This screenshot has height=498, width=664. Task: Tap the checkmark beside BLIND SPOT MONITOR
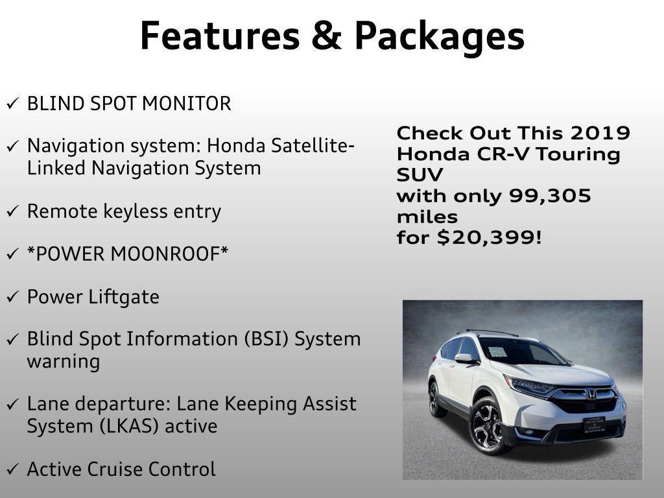(x=12, y=104)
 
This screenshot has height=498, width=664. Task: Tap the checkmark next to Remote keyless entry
(x=12, y=212)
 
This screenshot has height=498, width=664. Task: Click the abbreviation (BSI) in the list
(x=268, y=339)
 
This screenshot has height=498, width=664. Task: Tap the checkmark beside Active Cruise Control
(x=12, y=469)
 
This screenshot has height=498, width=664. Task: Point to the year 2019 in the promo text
(x=600, y=134)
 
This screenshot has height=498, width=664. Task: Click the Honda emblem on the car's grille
(x=591, y=394)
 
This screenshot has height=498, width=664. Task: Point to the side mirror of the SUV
(x=464, y=357)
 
